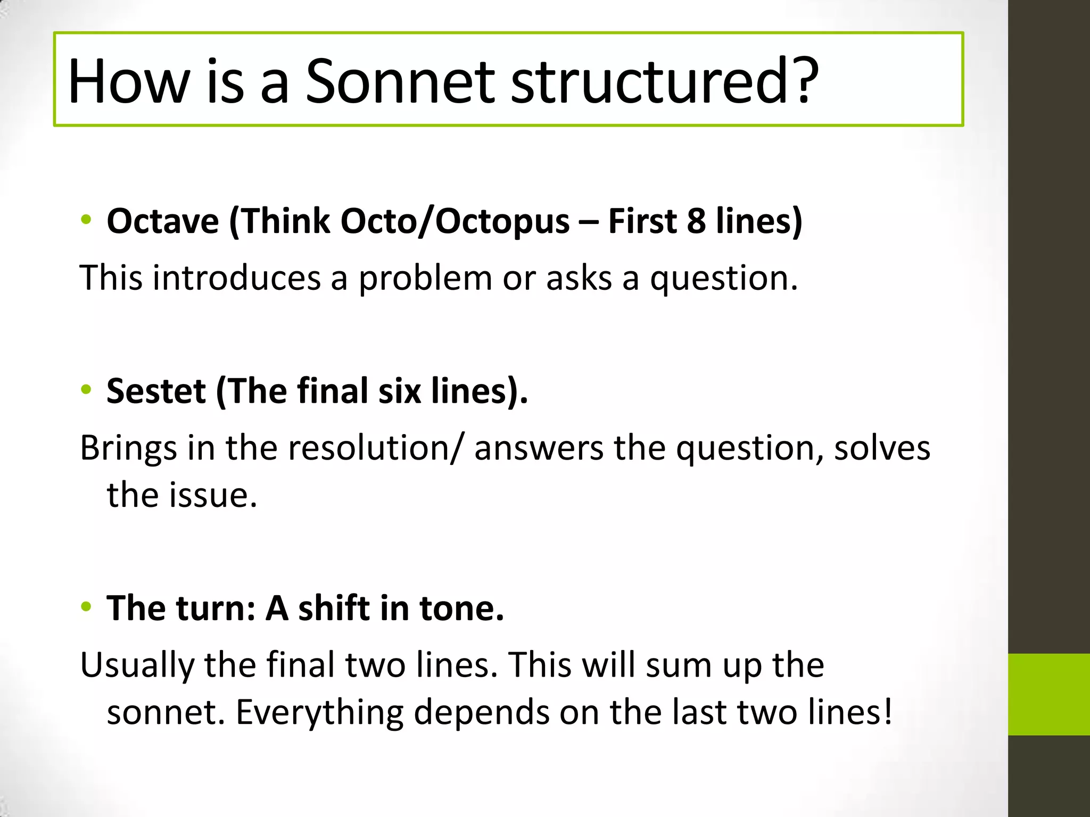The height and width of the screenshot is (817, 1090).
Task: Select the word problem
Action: click(425, 278)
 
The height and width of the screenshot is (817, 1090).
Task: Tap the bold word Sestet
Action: click(156, 391)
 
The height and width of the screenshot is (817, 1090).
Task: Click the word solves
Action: click(882, 448)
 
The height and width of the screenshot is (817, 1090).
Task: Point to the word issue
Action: click(213, 495)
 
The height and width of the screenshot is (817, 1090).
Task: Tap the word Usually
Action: click(137, 665)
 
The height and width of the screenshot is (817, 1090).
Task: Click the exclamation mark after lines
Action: click(887, 712)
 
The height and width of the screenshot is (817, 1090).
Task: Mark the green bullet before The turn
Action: click(86, 607)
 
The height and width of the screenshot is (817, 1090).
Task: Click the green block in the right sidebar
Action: click(1048, 694)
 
